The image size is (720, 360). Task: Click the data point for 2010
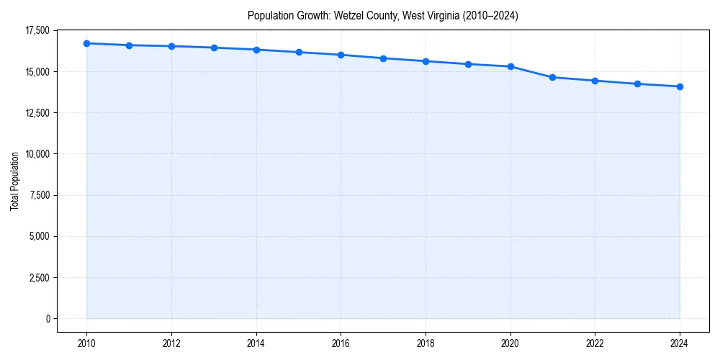click(x=86, y=43)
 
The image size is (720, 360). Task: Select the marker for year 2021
click(x=553, y=77)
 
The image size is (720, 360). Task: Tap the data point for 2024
click(x=680, y=86)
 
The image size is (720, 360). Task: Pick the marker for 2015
click(x=299, y=52)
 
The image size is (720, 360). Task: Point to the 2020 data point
click(x=510, y=66)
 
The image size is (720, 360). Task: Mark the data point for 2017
click(x=383, y=58)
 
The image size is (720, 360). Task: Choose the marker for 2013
click(x=214, y=48)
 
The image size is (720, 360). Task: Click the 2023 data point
click(x=637, y=84)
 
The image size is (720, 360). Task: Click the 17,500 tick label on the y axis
click(x=37, y=30)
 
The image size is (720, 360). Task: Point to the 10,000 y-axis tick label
click(x=37, y=154)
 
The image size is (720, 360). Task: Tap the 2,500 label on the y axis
click(x=40, y=277)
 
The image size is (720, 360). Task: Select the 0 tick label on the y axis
click(x=48, y=318)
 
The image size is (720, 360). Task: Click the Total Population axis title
click(x=14, y=181)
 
